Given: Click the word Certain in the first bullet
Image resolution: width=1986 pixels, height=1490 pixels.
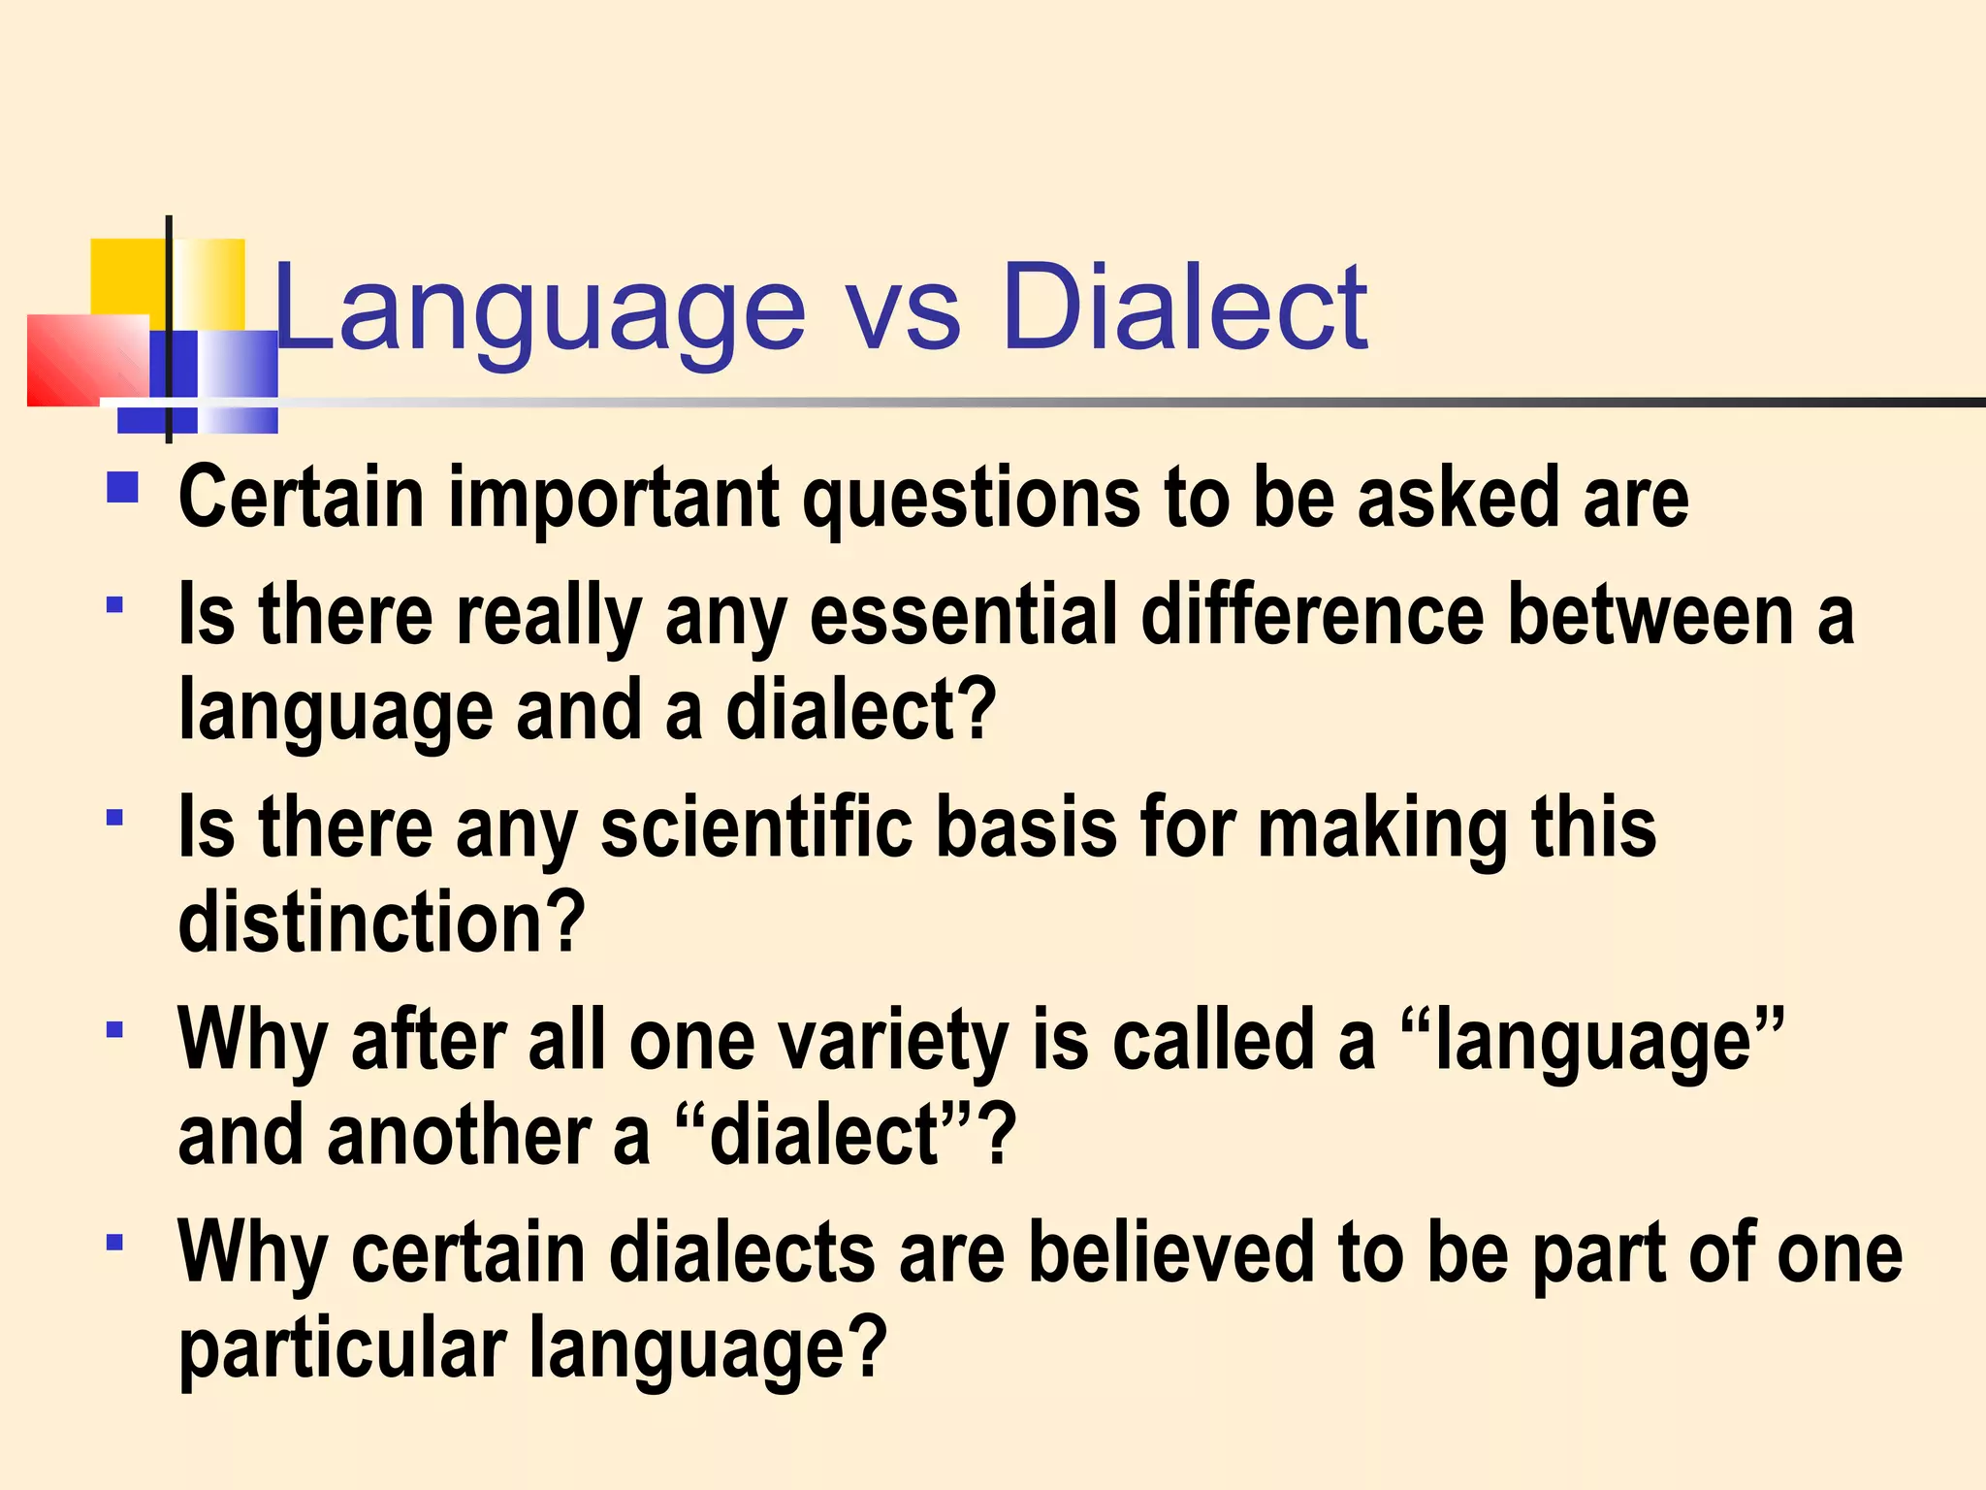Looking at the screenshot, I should click(302, 498).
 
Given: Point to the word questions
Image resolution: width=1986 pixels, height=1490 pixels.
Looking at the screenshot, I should click(971, 500).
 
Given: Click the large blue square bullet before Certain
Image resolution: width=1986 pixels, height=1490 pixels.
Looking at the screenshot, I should click(123, 486).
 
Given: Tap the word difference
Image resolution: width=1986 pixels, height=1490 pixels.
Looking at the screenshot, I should click(1312, 615).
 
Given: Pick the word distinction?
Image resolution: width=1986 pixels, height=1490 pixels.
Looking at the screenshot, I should click(382, 922).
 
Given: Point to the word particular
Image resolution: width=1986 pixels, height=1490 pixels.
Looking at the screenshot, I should click(342, 1348).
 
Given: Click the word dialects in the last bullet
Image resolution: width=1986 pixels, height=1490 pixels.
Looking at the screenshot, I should click(743, 1252).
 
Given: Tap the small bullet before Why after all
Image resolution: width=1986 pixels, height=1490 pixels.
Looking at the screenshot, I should click(115, 1028).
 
